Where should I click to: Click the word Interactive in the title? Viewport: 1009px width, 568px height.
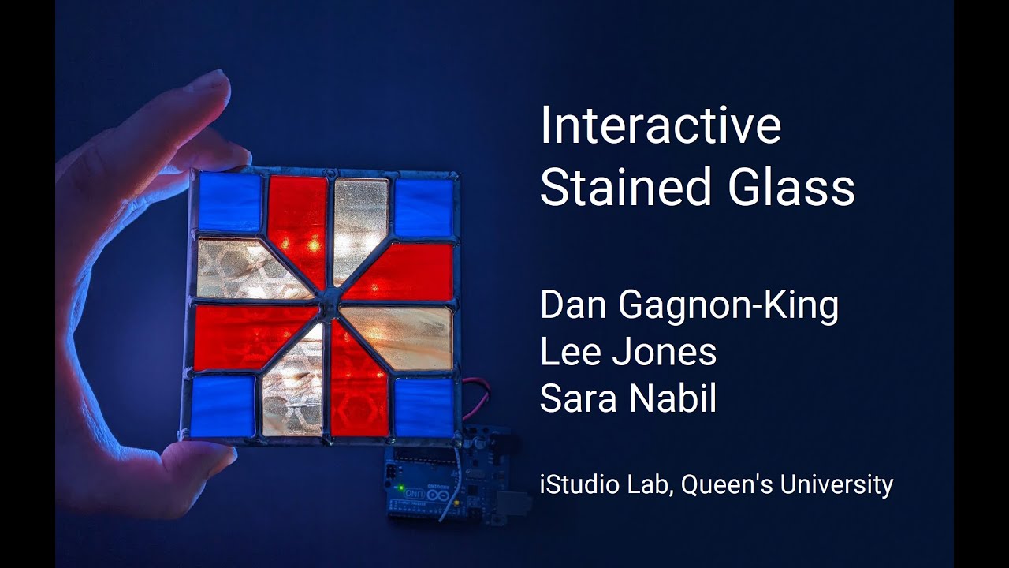pos(661,126)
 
